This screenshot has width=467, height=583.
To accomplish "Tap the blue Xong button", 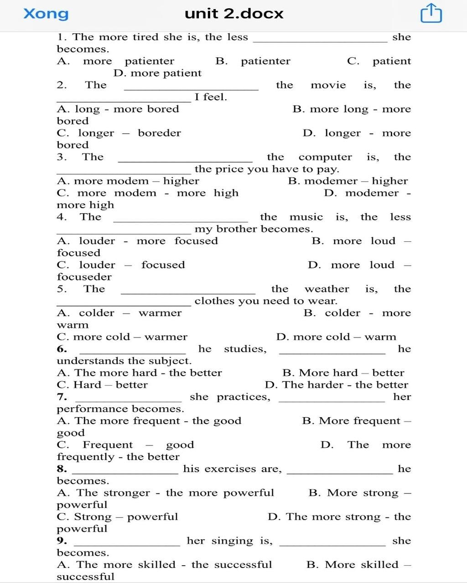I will click(46, 14).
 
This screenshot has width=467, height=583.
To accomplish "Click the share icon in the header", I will click(431, 13).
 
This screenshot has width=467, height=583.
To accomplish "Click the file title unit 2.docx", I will click(234, 14).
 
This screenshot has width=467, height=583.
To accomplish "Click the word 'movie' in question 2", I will click(328, 85).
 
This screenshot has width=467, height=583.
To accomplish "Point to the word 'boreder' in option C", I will click(159, 133).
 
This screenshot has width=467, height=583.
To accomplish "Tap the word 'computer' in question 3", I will click(325, 157).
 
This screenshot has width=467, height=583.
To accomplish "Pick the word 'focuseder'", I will click(84, 277).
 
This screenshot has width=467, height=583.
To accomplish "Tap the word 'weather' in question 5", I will click(327, 289).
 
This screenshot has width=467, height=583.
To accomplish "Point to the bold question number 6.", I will click(62, 349).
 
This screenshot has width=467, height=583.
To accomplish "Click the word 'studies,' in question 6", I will click(245, 349).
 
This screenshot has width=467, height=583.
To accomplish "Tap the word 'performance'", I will click(119, 409).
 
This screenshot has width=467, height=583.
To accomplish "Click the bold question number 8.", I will click(62, 469).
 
